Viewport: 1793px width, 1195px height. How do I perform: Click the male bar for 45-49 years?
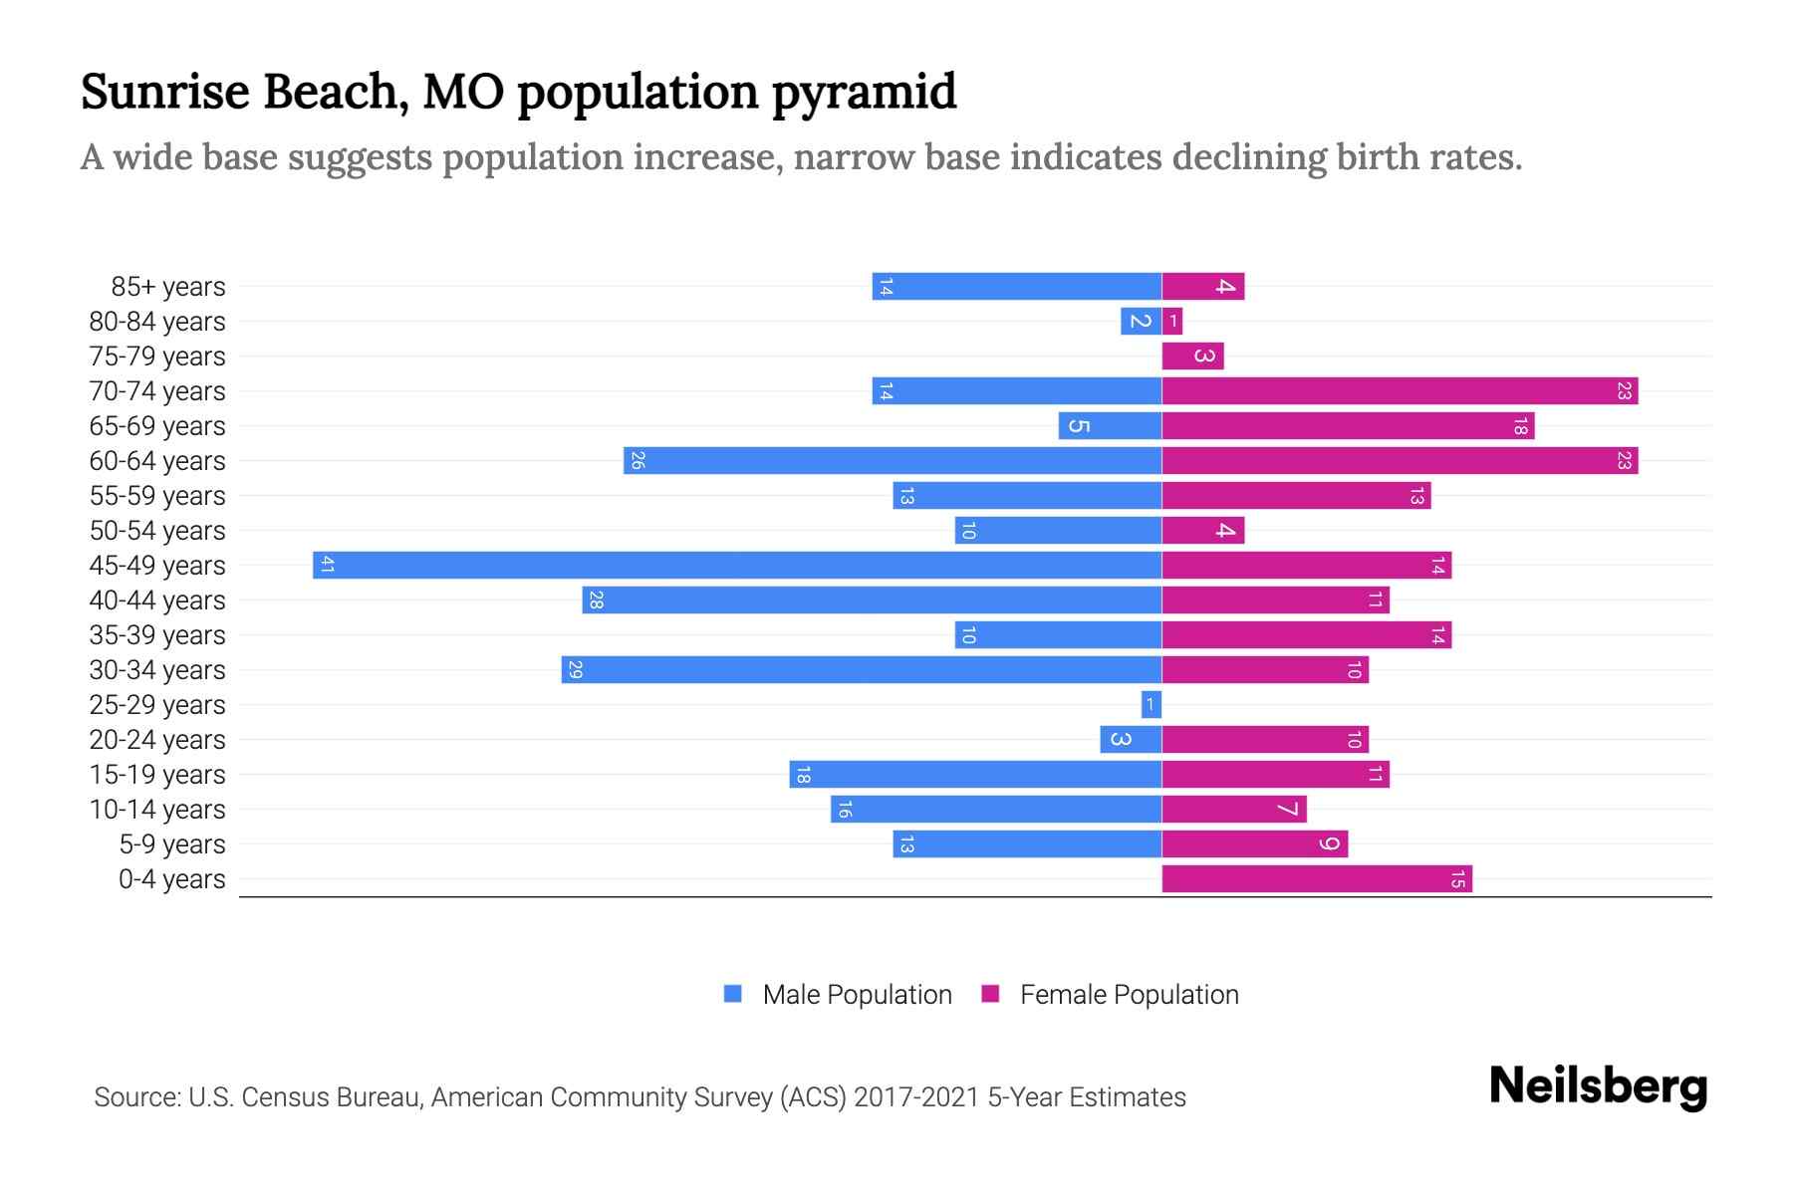(x=737, y=565)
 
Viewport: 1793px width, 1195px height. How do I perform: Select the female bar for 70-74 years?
(x=1400, y=390)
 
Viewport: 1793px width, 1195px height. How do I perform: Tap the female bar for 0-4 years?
(x=1317, y=878)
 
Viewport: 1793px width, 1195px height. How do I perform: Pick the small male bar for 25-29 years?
(x=1152, y=704)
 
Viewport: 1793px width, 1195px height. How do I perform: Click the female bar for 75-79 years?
(x=1192, y=356)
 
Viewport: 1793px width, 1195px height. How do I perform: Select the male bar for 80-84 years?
(x=1141, y=321)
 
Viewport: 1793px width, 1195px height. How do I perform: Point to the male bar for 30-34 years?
(x=862, y=669)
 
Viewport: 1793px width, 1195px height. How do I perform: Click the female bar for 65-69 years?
(x=1348, y=425)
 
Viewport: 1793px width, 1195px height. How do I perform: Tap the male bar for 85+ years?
(x=1016, y=286)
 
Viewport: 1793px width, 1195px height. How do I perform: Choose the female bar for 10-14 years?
(x=1234, y=809)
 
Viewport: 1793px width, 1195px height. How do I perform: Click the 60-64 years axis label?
(x=157, y=461)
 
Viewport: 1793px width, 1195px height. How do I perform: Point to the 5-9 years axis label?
(x=172, y=844)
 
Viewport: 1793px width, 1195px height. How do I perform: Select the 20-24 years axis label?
(x=157, y=740)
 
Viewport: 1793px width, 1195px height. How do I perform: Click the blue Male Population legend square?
(x=733, y=994)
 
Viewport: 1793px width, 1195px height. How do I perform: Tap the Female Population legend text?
(x=1129, y=995)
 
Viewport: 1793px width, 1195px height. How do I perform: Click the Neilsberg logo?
(x=1598, y=1085)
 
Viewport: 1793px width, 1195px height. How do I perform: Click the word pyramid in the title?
(x=864, y=93)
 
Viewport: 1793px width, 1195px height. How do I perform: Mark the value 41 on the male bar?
(x=327, y=565)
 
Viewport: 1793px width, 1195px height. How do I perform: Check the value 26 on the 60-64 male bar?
(x=638, y=460)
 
